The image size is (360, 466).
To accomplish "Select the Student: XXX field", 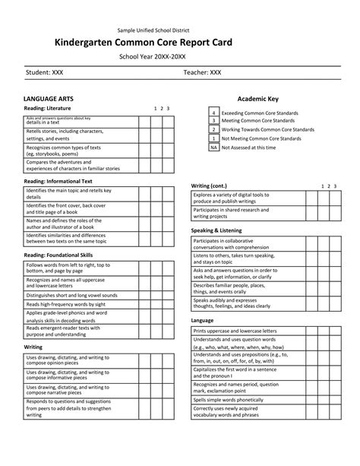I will click(45, 73).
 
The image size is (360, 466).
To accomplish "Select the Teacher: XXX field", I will click(202, 73).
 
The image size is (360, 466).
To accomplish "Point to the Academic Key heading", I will click(257, 100).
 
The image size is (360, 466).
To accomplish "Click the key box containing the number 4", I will click(214, 113).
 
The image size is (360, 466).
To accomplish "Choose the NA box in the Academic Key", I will click(214, 147).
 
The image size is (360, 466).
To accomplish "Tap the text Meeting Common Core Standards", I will click(258, 121).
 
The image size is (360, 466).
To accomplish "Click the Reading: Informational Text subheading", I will click(58, 182).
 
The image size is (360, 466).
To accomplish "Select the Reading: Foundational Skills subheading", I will click(58, 255).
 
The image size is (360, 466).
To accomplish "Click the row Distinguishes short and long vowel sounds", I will click(71, 295).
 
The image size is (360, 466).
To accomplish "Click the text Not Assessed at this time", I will click(248, 147).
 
